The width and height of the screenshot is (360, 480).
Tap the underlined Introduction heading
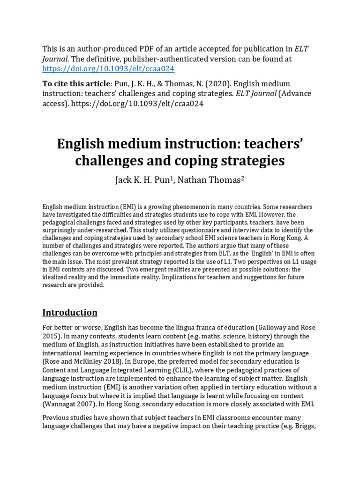click(70, 313)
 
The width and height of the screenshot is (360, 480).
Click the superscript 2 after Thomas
click(243, 179)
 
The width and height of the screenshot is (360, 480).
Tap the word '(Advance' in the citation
click(295, 94)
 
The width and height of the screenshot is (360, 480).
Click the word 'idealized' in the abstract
click(57, 277)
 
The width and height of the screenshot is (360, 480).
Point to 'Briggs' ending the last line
click(307, 426)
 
